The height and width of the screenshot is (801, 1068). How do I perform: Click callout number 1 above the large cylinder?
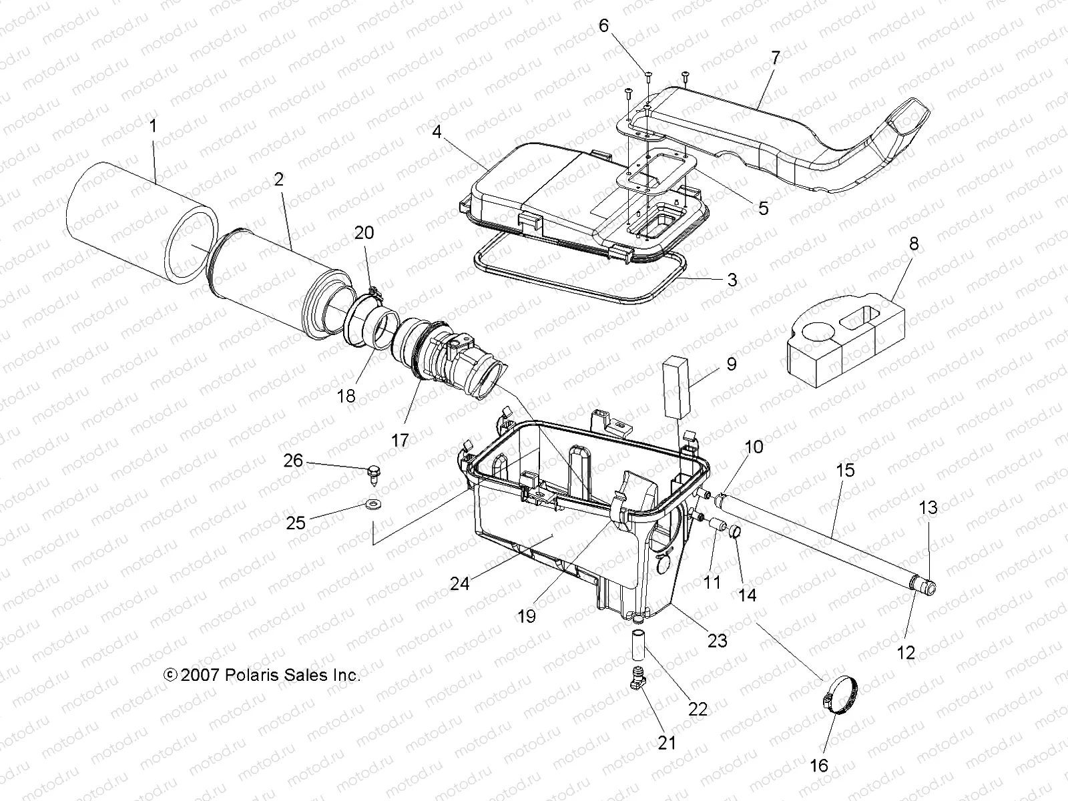153,125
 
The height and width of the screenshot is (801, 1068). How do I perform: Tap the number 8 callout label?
914,244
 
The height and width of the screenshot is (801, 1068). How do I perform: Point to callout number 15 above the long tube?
844,470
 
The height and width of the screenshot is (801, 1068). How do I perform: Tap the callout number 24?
459,583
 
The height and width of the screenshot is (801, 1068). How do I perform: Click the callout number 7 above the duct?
774,58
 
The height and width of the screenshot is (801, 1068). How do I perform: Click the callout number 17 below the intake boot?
400,441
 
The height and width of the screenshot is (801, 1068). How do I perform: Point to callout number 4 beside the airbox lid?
437,131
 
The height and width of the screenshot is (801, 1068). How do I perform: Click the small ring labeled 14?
736,532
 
